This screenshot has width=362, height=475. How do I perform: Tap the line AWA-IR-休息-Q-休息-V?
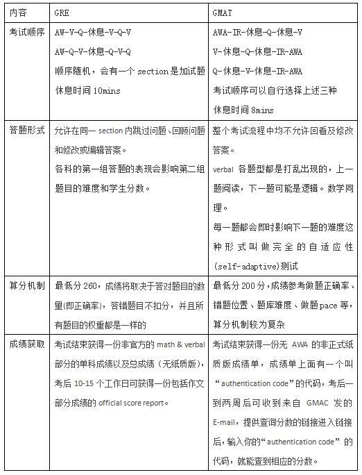(x=257, y=33)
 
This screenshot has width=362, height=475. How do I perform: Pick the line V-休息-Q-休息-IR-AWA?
(x=257, y=51)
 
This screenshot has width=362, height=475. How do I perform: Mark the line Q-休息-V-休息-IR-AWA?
(x=257, y=71)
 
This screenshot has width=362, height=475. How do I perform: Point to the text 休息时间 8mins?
(x=243, y=110)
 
